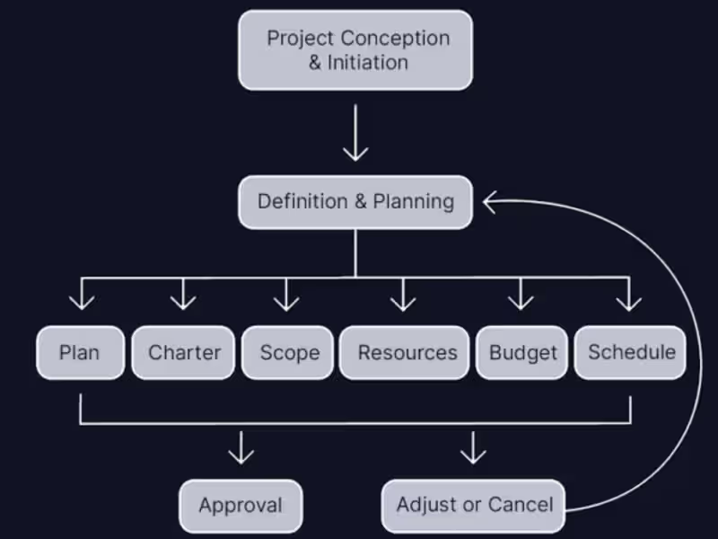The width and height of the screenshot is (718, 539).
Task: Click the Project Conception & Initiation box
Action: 355,50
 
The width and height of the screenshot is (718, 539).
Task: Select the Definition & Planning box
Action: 355,201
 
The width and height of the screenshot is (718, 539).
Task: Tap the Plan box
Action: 79,352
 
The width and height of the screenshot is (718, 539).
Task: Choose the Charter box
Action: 183,352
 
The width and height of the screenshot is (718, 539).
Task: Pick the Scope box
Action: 289,352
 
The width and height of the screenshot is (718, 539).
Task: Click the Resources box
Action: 407,352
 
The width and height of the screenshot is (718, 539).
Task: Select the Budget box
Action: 522,352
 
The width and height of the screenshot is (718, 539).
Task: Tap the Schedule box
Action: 631,352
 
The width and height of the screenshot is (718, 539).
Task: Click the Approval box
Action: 241,505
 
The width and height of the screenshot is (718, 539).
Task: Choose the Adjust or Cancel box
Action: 475,505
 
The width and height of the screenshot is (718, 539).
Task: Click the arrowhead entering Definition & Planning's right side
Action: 490,202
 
